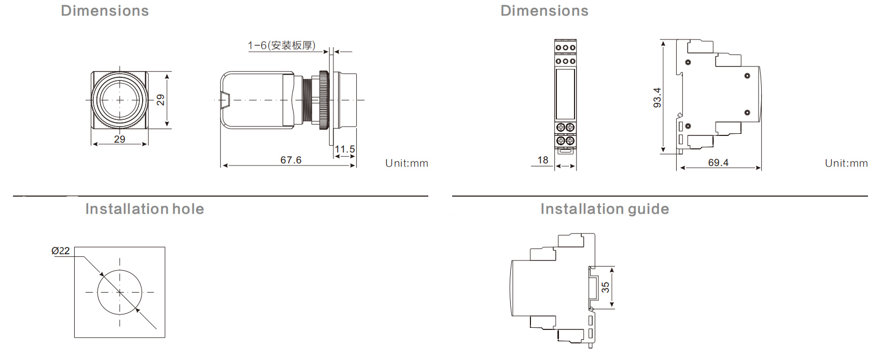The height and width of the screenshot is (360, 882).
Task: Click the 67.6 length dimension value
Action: click(x=290, y=160)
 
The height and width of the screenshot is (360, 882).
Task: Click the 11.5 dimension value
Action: click(x=345, y=149)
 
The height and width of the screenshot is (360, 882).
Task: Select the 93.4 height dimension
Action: click(x=657, y=98)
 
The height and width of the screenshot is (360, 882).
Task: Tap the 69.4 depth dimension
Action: click(x=718, y=162)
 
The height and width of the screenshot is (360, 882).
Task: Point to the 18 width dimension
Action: click(x=543, y=160)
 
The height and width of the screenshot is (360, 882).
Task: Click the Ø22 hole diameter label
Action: click(x=61, y=251)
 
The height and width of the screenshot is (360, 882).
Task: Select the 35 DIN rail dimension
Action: click(x=605, y=287)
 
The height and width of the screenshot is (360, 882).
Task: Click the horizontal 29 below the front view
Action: click(x=120, y=139)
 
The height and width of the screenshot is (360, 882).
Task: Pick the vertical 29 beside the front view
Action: click(x=161, y=100)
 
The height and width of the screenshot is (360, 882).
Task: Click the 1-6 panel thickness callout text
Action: click(x=281, y=46)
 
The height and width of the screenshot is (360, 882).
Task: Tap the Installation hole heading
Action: click(x=145, y=209)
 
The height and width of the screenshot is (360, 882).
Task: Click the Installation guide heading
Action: click(x=605, y=209)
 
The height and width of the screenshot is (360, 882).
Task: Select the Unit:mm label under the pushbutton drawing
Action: click(x=407, y=163)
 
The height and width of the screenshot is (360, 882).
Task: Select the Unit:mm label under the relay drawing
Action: click(x=846, y=163)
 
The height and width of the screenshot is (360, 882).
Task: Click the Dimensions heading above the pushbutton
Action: click(x=105, y=11)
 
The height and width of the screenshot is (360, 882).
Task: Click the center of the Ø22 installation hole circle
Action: click(x=120, y=293)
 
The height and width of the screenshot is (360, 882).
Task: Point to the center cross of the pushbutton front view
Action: click(x=120, y=100)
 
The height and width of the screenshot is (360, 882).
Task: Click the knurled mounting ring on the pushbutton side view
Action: click(x=324, y=100)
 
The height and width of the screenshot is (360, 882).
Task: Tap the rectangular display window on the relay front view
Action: click(x=565, y=94)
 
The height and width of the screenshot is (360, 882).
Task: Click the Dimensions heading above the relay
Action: click(x=544, y=11)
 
